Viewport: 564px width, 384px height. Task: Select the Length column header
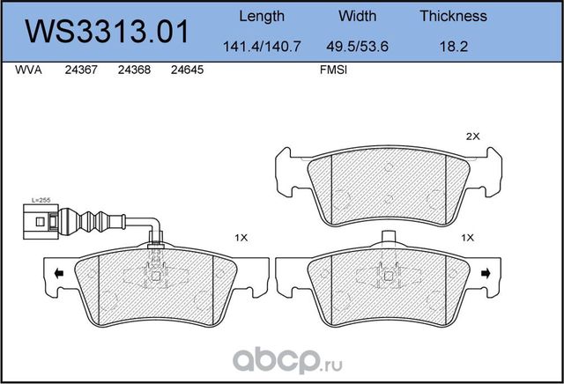[263, 16]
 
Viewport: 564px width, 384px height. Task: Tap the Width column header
[357, 16]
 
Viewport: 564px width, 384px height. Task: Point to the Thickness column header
[453, 16]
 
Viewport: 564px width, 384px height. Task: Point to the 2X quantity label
[471, 137]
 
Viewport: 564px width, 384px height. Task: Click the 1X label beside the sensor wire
[241, 238]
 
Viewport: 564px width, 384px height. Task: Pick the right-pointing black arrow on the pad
[486, 276]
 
